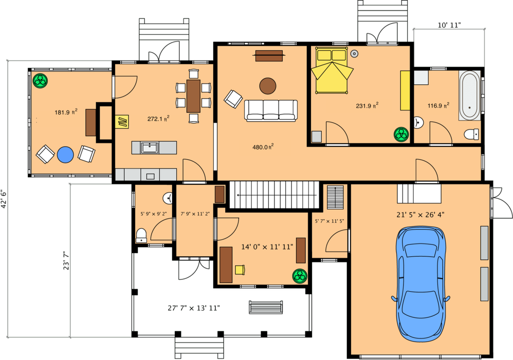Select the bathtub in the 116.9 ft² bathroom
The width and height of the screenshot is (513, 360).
click(470, 96)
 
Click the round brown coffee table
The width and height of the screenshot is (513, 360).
click(268, 86)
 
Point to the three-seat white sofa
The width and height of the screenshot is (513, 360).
click(271, 110)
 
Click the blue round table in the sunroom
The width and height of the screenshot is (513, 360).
click(65, 154)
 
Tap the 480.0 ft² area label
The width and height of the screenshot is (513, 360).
click(262, 147)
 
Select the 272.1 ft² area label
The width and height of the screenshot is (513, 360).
click(158, 119)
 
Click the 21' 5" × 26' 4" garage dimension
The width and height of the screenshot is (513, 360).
click(419, 214)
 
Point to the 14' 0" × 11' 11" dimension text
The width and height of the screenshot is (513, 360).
click(267, 247)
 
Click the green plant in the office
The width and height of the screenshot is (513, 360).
click(299, 276)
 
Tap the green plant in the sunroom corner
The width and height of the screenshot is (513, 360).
click(40, 80)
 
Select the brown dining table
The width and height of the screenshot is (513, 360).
click(193, 96)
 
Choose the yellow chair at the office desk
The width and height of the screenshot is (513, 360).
click(240, 269)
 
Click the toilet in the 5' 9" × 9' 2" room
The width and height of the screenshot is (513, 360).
click(141, 236)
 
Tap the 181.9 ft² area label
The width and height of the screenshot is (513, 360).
click(66, 112)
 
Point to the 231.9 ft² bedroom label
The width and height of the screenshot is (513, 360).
click(367, 106)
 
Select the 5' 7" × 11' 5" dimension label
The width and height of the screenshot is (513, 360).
click(329, 221)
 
